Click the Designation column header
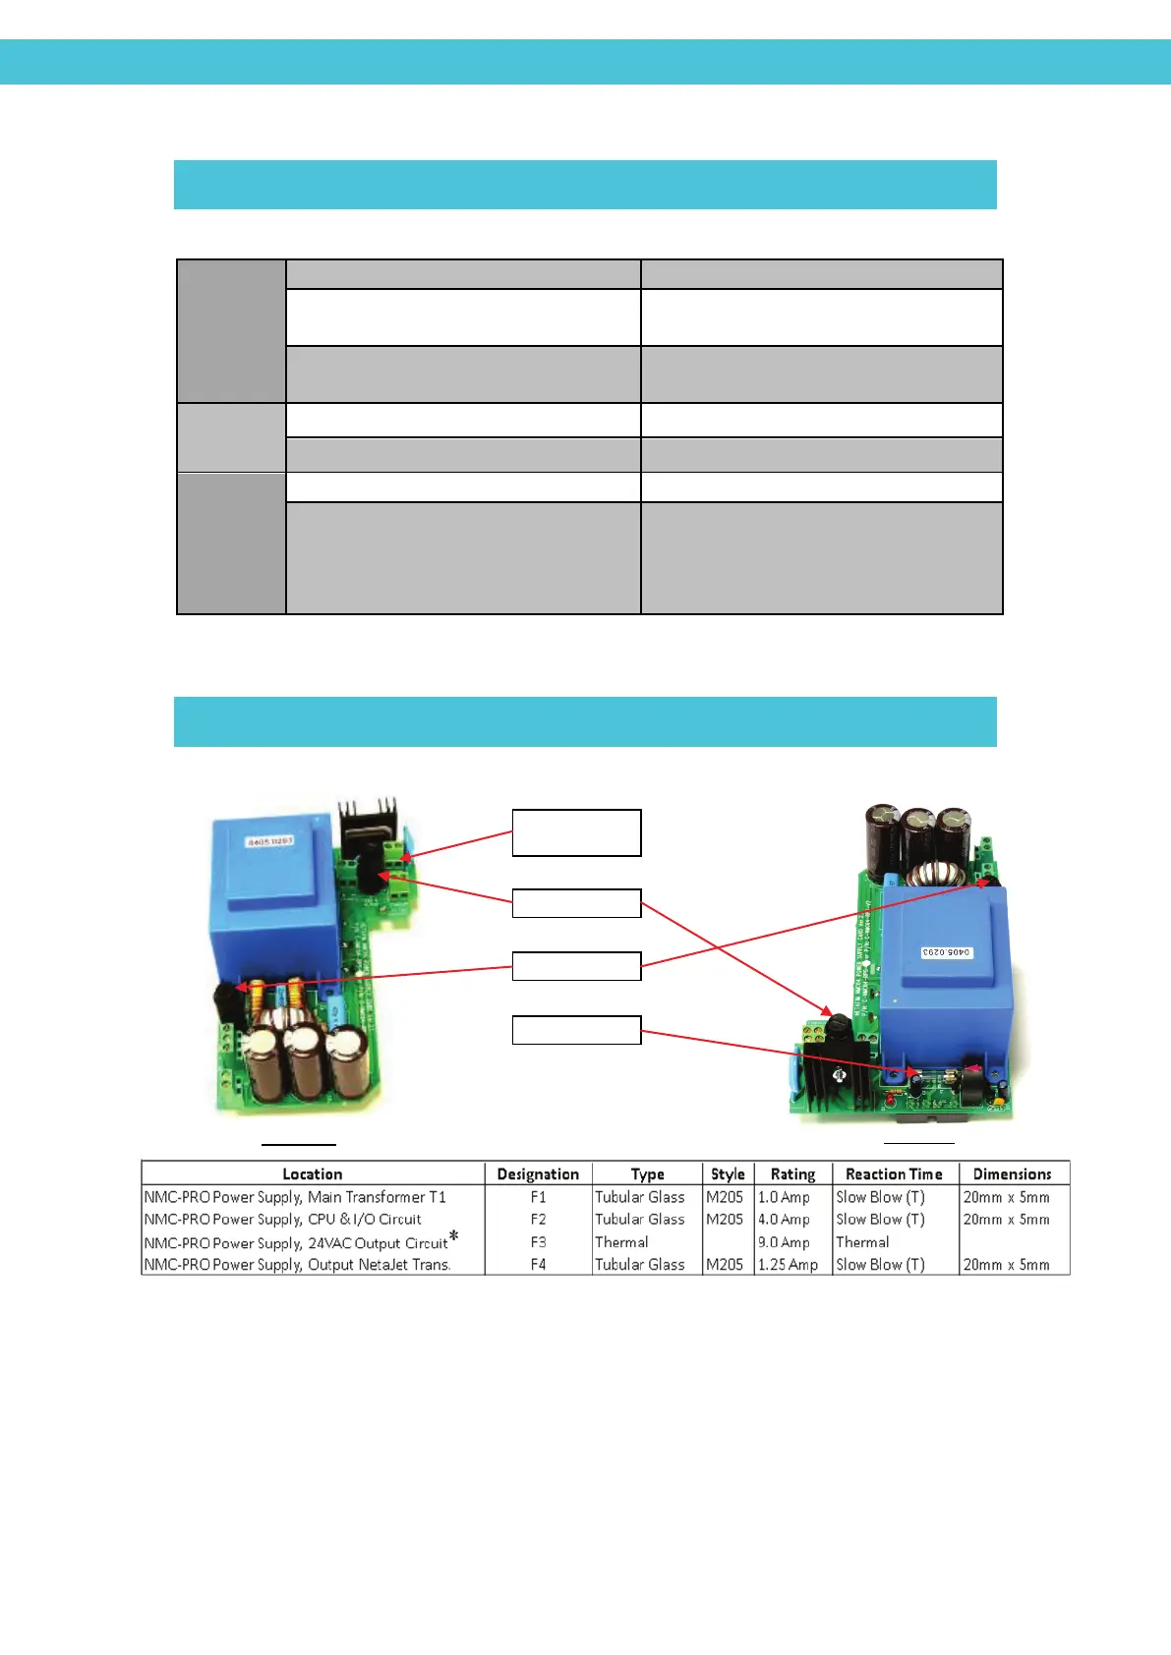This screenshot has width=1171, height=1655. pos(538,1173)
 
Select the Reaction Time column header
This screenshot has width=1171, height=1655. pos(894,1173)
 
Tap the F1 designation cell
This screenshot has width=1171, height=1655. pos(538,1197)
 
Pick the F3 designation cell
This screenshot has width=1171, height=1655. pos(538,1242)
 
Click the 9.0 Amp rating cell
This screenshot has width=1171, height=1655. pos(784,1242)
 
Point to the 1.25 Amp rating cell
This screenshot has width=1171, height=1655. pos(788,1265)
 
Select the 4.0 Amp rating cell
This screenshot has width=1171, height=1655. pos(784,1220)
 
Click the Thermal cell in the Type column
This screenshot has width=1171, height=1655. pos(621,1242)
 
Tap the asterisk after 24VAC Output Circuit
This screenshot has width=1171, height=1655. pos(454,1235)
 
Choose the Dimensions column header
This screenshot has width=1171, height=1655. pos(1012,1173)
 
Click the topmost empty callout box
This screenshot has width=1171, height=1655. pos(576,832)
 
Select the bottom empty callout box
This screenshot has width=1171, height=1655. pos(576,1030)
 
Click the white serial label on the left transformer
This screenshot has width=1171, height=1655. pos(270,842)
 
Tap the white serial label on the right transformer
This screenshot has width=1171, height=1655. pos(946,952)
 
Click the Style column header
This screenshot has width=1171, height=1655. pos(728,1173)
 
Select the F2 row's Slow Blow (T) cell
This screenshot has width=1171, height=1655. pos(880,1220)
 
